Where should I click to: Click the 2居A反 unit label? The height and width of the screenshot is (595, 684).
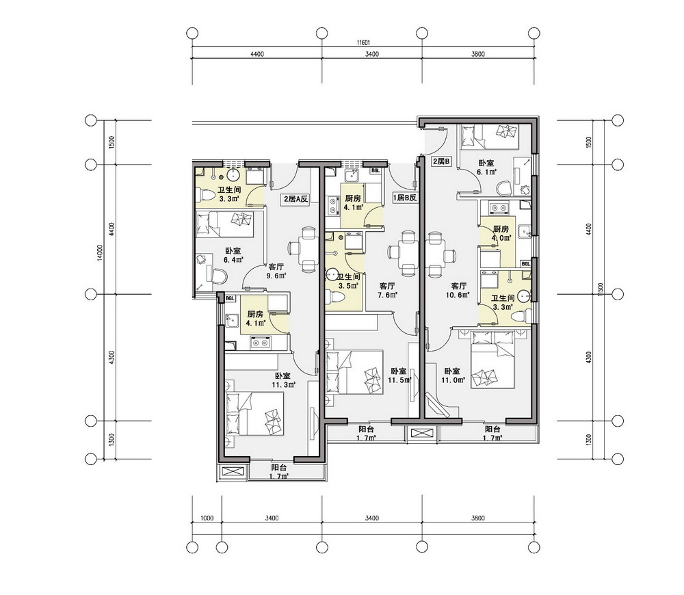click(x=296, y=199)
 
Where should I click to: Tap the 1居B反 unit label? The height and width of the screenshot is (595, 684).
click(x=405, y=198)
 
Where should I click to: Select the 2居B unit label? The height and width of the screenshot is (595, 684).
click(x=440, y=161)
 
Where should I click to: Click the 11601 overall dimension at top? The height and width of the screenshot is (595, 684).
click(x=363, y=43)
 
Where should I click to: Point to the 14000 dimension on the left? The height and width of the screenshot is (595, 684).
click(x=101, y=253)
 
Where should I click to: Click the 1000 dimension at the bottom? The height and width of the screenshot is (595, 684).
click(x=207, y=518)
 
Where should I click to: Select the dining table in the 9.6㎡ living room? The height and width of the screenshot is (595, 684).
click(x=303, y=249)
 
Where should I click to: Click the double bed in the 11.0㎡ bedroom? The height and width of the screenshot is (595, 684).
click(x=493, y=360)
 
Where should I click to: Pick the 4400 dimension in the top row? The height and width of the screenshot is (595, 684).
click(x=257, y=54)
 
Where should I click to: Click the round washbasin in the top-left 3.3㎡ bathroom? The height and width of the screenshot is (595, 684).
click(x=233, y=175)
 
